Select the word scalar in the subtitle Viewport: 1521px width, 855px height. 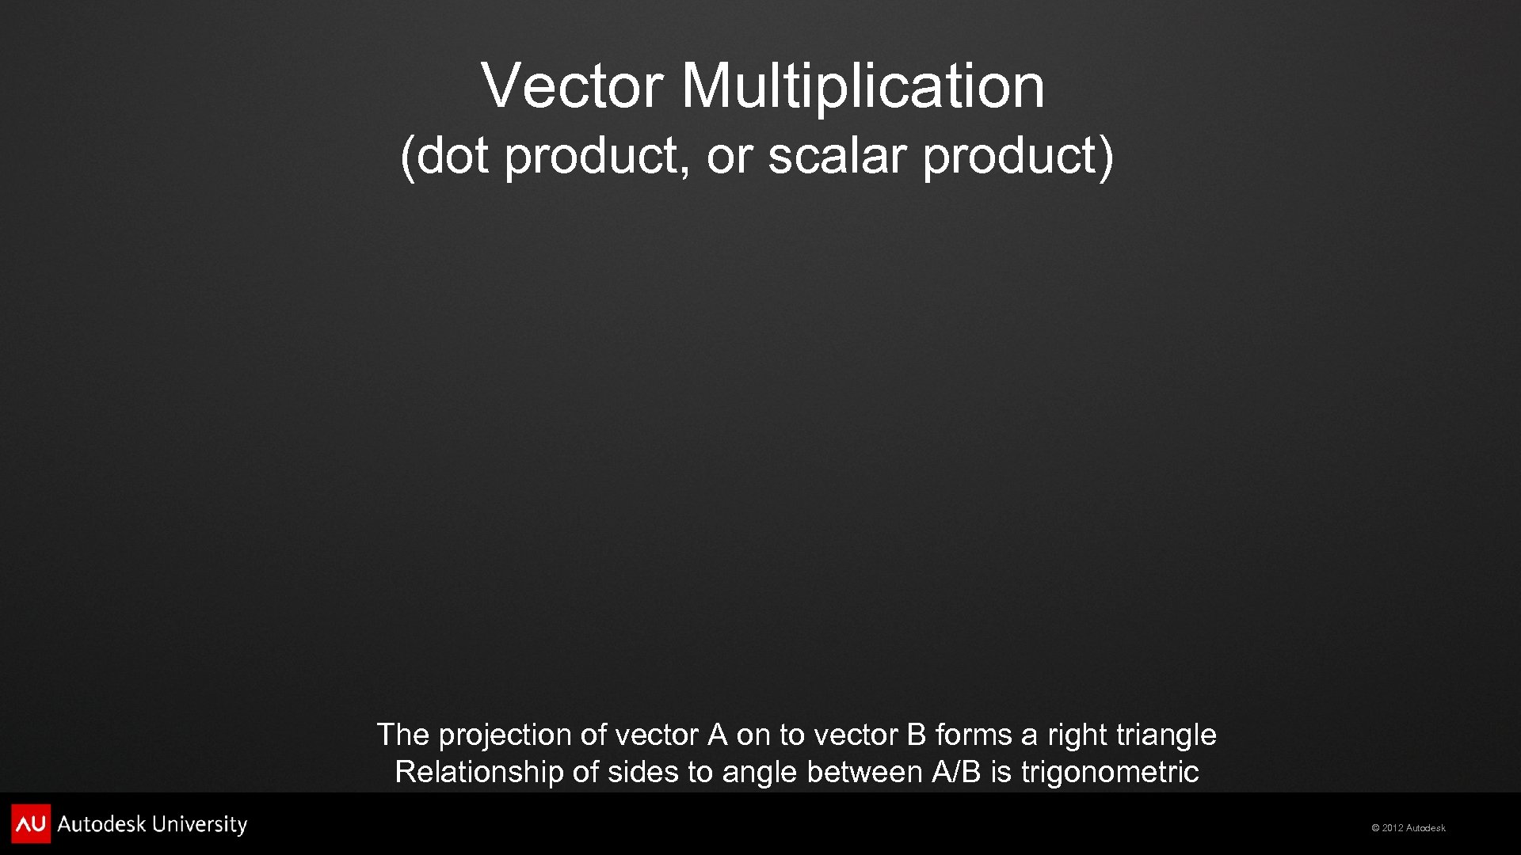coord(837,155)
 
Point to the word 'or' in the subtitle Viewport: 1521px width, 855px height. coord(727,155)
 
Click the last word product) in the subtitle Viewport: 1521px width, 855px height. coord(1019,155)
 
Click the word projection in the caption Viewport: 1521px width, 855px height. coord(505,735)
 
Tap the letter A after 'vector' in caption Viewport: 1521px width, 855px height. coord(717,735)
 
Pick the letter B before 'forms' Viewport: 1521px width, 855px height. coord(916,735)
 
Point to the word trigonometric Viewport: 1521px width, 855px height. coord(1110,772)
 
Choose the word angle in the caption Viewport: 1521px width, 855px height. coord(760,772)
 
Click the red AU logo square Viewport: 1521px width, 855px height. coord(31,824)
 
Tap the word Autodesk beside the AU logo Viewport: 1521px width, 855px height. coord(101,825)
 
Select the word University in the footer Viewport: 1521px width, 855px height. coord(200,825)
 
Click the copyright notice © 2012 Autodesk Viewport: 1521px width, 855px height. coord(1408,828)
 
